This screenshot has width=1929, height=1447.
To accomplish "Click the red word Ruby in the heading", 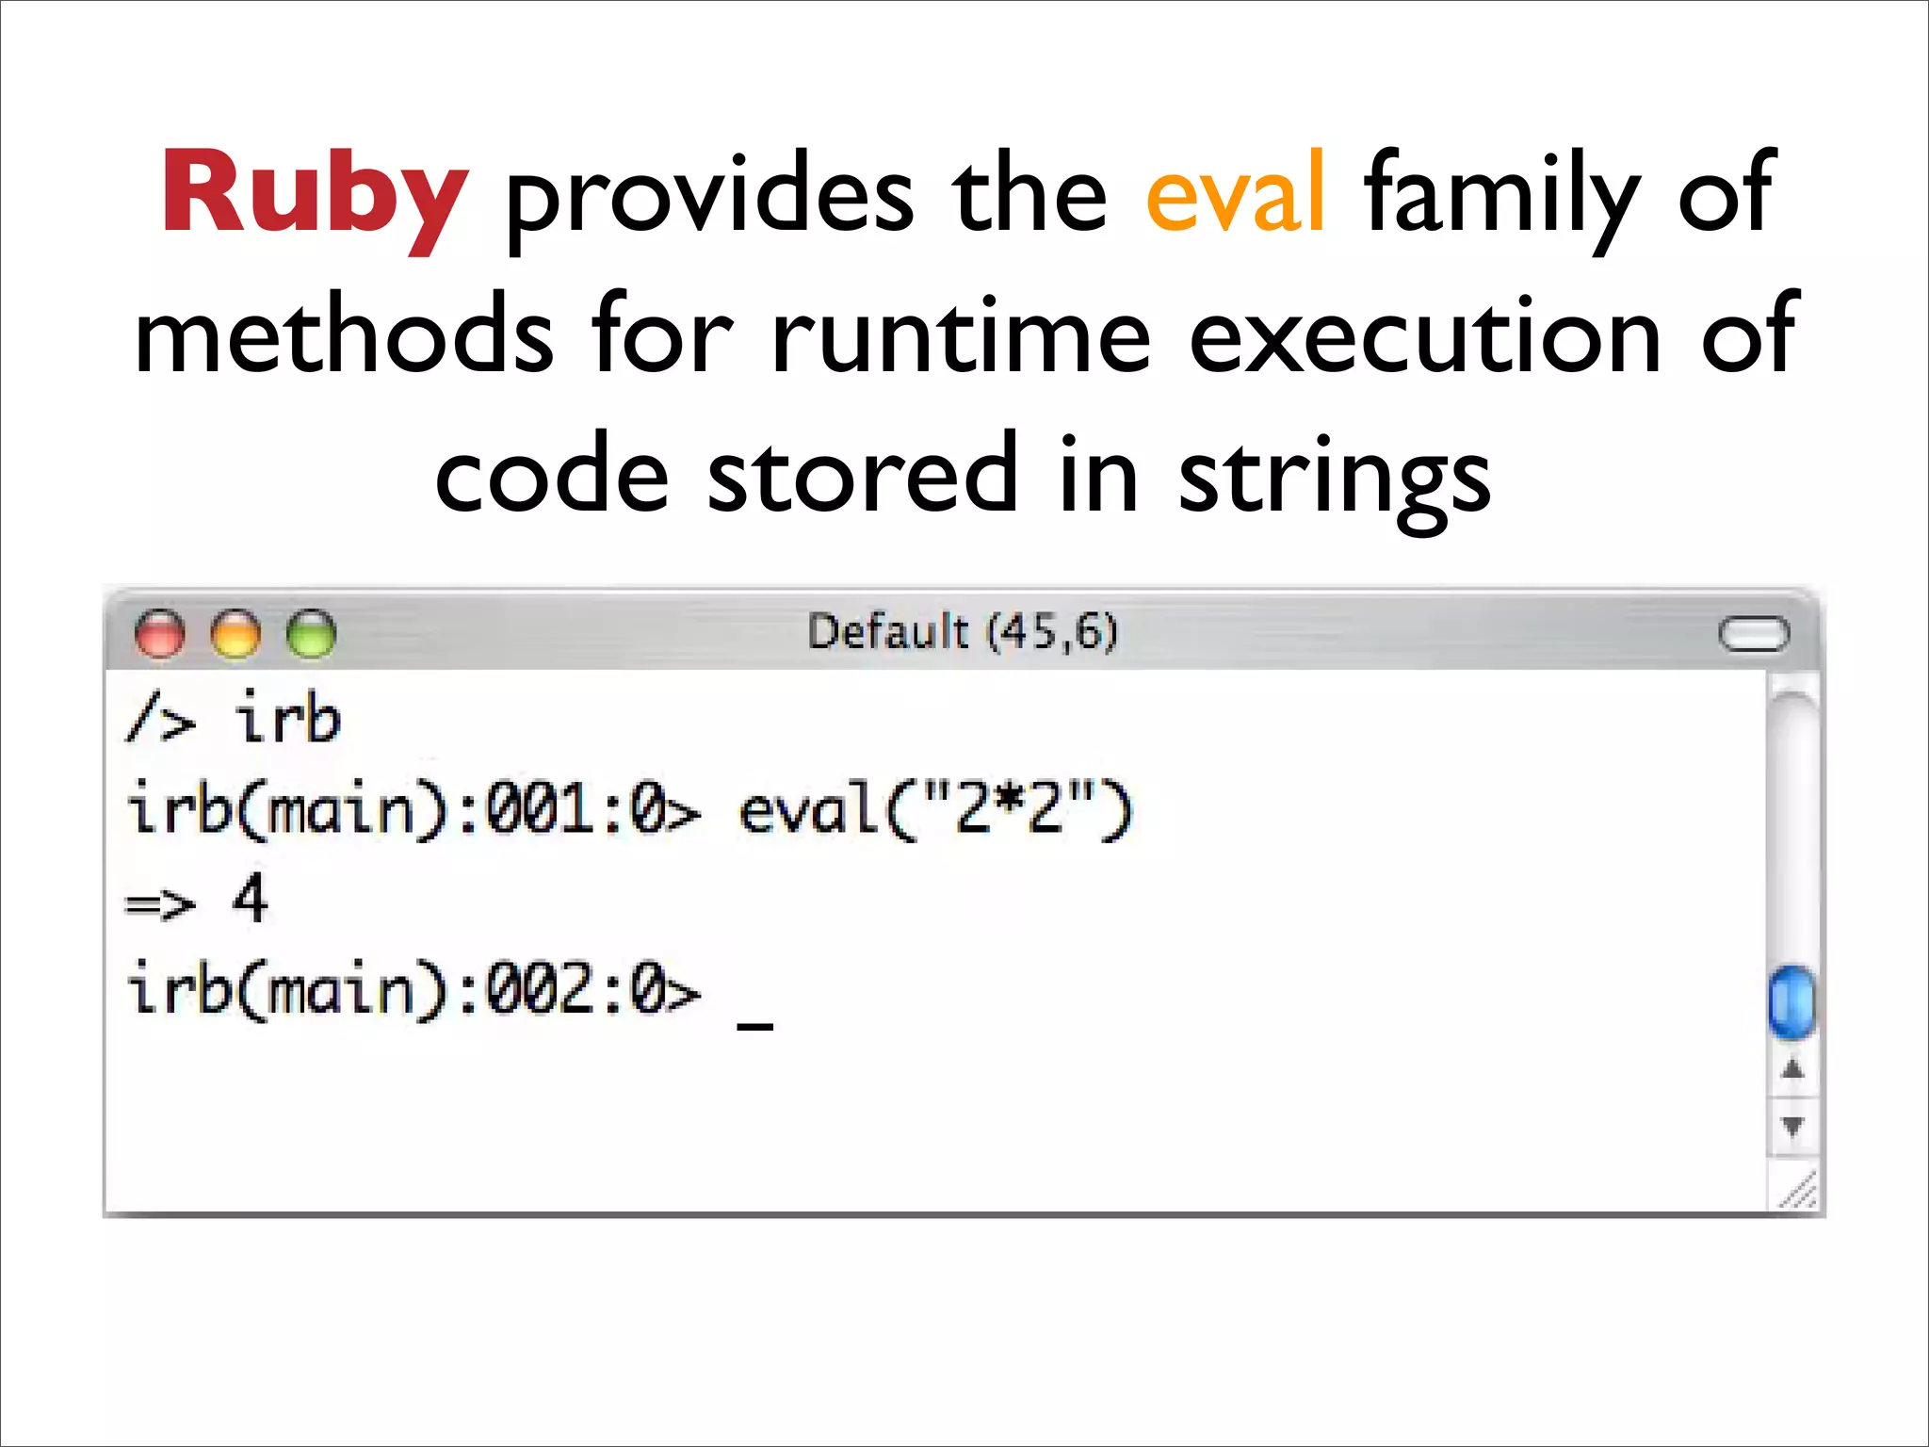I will pos(315,195).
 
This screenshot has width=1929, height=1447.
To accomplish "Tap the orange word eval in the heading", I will pos(1235,195).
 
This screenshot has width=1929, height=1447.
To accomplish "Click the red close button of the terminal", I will pos(160,633).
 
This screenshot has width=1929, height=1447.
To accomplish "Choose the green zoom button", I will pos(311,633).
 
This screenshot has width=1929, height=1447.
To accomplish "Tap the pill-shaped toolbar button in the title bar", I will pos(1753,634).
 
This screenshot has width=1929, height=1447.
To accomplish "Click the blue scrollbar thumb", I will pos(1791,1000).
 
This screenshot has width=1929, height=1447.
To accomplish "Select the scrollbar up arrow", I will pos(1792,1069).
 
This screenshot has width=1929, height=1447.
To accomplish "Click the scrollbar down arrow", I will pos(1792,1126).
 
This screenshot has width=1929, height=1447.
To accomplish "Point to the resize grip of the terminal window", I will pos(1799,1192).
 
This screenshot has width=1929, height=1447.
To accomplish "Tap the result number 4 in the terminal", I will pos(250,900).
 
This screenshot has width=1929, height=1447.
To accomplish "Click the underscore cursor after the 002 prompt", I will pos(754,1025).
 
